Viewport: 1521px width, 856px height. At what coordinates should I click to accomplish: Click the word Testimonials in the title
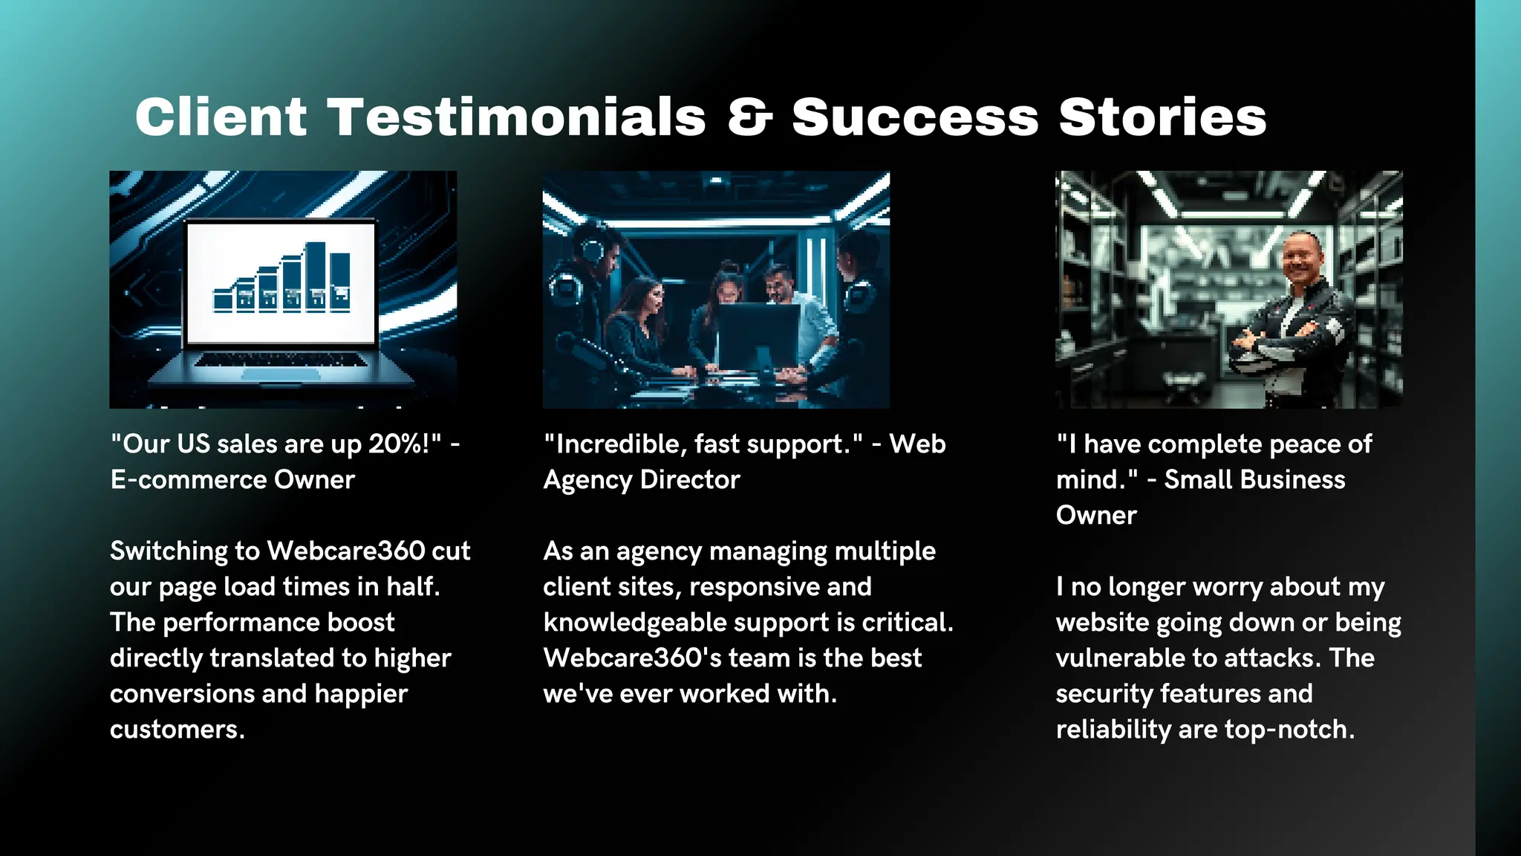tap(517, 117)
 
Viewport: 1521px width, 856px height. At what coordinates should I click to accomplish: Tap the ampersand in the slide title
tap(749, 117)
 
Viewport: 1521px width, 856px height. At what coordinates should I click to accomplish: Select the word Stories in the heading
tap(1162, 117)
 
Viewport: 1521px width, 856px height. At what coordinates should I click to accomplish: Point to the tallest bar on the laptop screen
tap(316, 275)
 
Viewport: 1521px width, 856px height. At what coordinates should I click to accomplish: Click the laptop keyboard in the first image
tap(281, 360)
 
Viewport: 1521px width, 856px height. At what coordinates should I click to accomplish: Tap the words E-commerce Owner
tap(232, 479)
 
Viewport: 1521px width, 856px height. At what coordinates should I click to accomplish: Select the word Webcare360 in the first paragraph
tap(345, 551)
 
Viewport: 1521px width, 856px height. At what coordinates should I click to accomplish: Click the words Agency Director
tap(642, 479)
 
